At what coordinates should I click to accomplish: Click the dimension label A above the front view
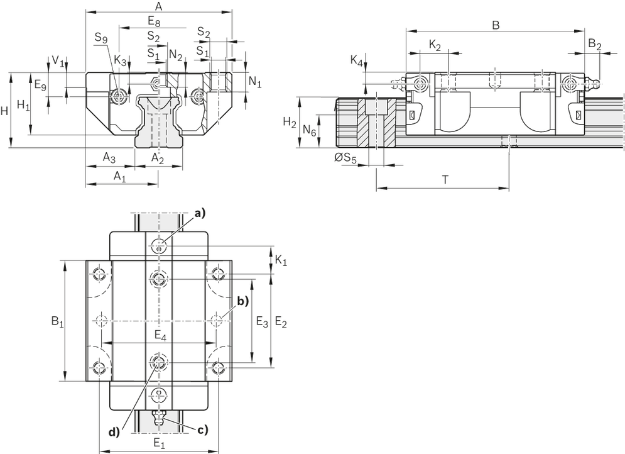158,6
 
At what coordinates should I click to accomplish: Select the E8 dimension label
154,21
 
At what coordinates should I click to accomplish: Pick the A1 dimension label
119,177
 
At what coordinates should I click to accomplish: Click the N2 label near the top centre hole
177,55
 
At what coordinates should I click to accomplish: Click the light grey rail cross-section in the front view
160,123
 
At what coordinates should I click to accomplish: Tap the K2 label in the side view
435,45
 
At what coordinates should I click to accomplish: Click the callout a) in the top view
199,215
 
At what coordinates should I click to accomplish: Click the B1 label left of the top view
55,322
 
